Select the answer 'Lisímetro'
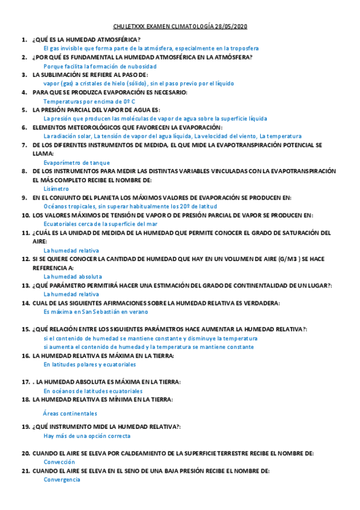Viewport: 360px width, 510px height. [x=56, y=189]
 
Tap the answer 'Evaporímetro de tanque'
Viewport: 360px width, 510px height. [x=77, y=162]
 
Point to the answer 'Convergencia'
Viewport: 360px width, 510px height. [x=62, y=480]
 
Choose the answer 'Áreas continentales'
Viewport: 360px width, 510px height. [x=70, y=414]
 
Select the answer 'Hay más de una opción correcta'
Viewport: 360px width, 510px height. [x=87, y=436]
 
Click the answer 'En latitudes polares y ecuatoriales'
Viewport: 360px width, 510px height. [x=90, y=365]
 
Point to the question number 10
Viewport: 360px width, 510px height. [x=25, y=215]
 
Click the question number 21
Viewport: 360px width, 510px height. [x=25, y=471]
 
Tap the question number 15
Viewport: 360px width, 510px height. [x=25, y=330]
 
